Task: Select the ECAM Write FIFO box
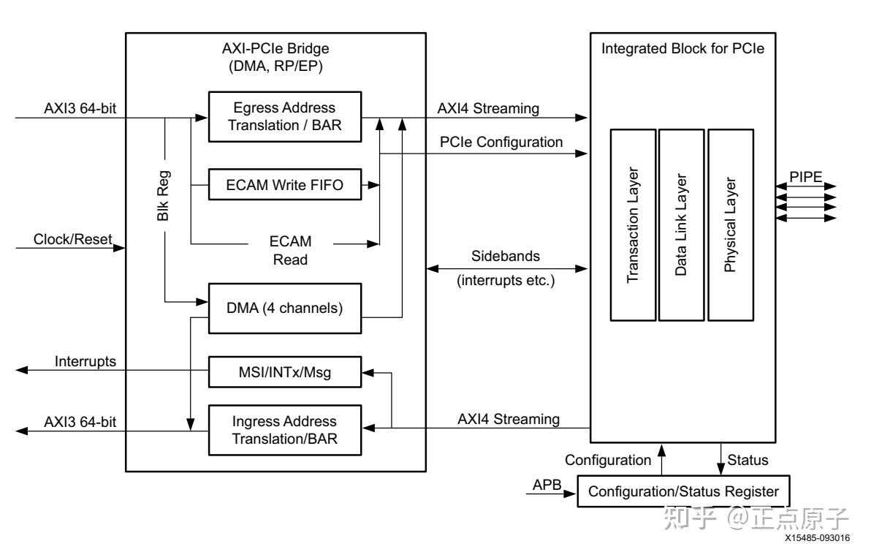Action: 284,186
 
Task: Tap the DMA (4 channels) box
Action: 284,308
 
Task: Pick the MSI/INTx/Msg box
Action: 284,373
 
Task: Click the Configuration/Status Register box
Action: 684,491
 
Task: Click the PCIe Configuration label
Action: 501,142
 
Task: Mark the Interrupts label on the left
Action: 85,360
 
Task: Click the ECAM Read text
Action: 291,250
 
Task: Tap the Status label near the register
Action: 748,461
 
